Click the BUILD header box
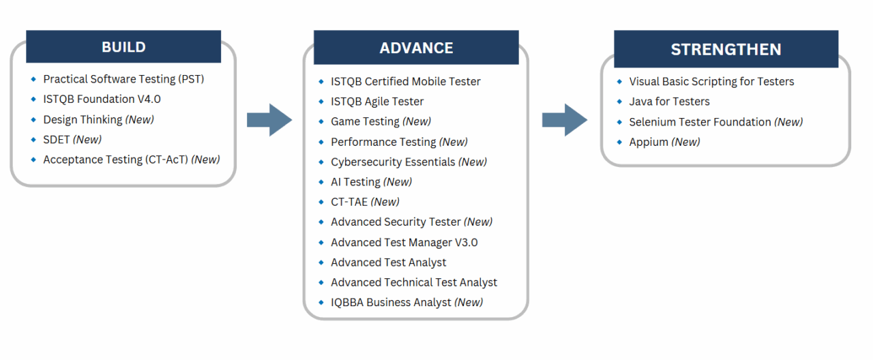click(x=123, y=47)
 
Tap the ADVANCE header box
click(x=416, y=48)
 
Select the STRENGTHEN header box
click(x=726, y=49)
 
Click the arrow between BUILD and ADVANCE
click(x=269, y=120)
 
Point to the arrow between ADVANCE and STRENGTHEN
click(x=565, y=120)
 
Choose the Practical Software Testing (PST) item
click(x=123, y=79)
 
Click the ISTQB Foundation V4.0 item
click(x=102, y=99)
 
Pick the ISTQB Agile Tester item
click(x=377, y=102)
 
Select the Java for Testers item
click(x=669, y=102)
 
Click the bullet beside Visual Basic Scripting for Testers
click(x=619, y=81)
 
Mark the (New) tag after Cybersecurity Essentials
click(x=473, y=162)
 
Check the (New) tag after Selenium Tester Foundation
click(x=788, y=122)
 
